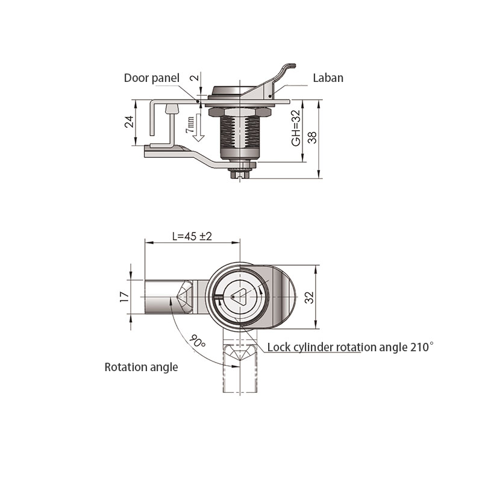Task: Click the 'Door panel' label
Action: coord(152,78)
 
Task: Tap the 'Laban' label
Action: coord(328,78)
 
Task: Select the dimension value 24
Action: coord(129,122)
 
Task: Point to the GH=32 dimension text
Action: coord(296,128)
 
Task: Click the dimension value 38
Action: coord(312,137)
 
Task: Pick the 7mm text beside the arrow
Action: coord(190,125)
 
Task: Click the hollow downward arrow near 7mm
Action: coord(199,128)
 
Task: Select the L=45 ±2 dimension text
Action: coord(192,236)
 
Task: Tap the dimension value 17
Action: coord(125,297)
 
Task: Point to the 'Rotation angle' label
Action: coord(141,367)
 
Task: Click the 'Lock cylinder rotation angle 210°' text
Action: coord(351,347)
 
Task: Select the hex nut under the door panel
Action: coord(240,111)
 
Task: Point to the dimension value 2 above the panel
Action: coord(195,78)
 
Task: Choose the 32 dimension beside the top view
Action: coord(309,297)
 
